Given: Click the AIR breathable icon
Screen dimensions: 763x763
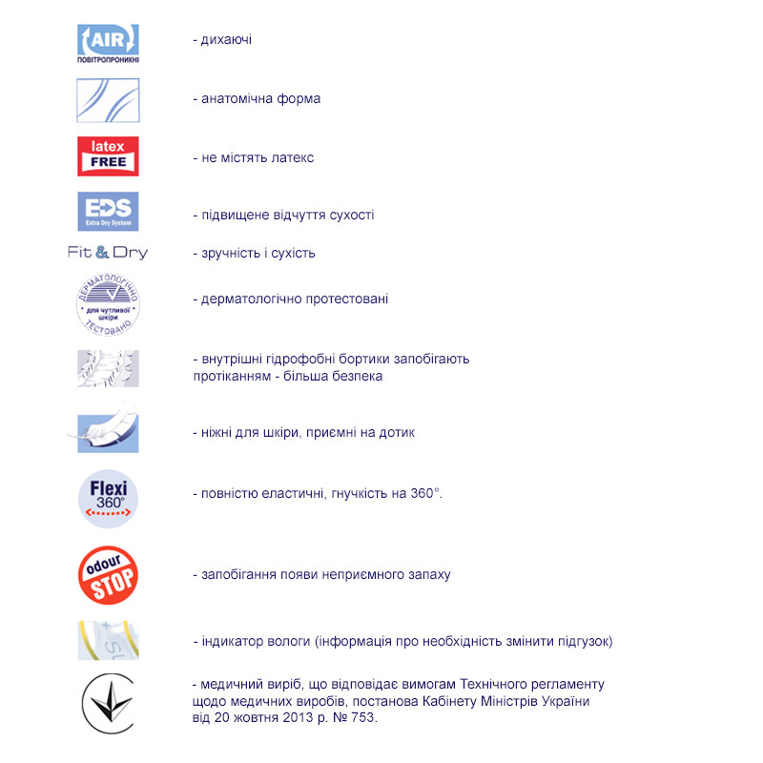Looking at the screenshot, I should click(x=108, y=43).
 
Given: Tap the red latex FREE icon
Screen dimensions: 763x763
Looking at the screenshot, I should click(x=108, y=156).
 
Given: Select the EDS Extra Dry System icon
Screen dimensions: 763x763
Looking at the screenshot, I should click(x=108, y=212).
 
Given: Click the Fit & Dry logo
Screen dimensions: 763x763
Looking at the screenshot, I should click(x=108, y=253).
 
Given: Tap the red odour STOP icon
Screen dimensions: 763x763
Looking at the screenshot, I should click(x=108, y=575).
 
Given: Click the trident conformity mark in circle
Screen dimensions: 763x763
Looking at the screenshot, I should click(x=108, y=703).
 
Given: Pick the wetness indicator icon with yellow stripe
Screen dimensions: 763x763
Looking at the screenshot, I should click(x=108, y=640).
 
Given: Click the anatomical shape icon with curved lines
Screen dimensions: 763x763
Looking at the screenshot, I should click(x=108, y=100).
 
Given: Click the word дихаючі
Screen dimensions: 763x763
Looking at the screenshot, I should click(x=226, y=40).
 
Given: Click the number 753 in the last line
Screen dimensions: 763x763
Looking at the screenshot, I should click(x=364, y=718).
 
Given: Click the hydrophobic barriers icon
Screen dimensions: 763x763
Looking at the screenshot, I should click(x=108, y=368).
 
